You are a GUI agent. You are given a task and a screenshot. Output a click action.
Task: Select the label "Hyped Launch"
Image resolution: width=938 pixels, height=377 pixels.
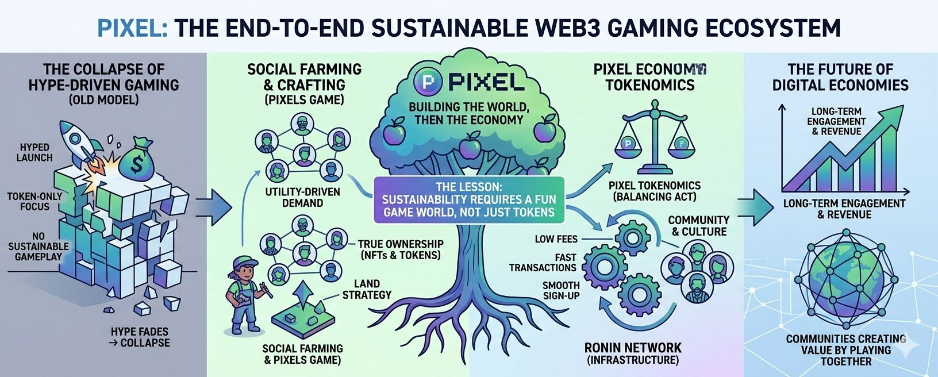click(x=34, y=152)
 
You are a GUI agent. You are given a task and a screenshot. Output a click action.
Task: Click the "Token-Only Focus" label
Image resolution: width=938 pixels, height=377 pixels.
click(x=34, y=201)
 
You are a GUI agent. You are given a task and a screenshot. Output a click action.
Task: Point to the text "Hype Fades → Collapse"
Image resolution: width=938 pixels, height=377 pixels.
click(x=140, y=337)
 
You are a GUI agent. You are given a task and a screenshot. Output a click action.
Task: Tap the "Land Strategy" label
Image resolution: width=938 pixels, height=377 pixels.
click(x=366, y=289)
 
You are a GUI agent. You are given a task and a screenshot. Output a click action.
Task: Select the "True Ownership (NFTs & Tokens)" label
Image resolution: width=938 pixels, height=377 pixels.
click(x=400, y=249)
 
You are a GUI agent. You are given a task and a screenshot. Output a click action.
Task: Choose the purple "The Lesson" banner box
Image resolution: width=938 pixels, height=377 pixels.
click(x=469, y=199)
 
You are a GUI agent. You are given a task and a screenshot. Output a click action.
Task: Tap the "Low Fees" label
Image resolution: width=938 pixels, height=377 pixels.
click(x=556, y=239)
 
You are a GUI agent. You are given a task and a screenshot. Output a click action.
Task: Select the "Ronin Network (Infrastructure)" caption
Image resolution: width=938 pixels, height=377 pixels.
click(x=632, y=353)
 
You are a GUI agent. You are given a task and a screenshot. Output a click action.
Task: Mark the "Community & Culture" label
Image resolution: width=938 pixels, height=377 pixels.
click(x=698, y=226)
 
